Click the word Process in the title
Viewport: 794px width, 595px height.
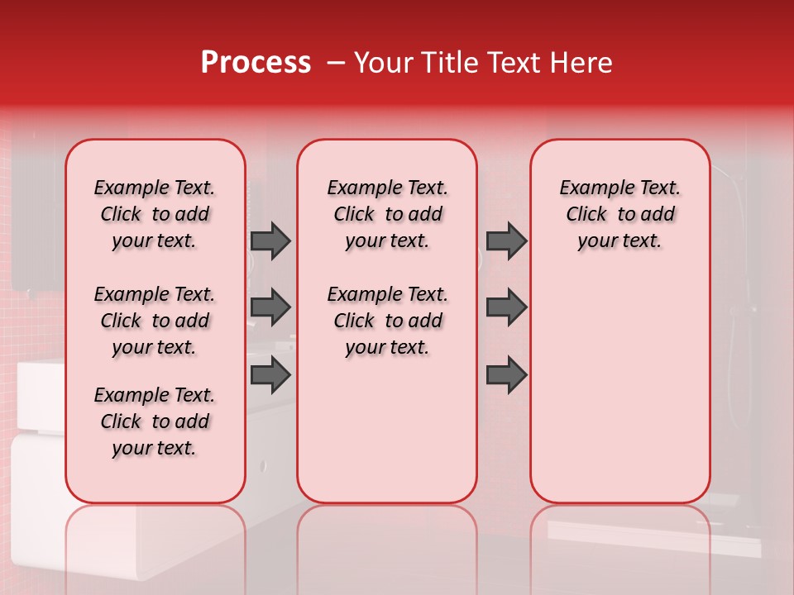(256, 63)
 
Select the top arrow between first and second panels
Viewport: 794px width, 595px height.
(270, 241)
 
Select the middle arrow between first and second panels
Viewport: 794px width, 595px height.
(270, 307)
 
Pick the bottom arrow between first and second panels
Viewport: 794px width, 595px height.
(270, 375)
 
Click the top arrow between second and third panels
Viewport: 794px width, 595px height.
(506, 241)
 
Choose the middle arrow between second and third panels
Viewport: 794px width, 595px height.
(506, 307)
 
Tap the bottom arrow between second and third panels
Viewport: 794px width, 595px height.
(506, 375)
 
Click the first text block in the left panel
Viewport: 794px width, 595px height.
(155, 214)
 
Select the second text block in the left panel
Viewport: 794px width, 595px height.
(155, 321)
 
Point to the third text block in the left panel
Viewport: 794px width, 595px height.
(155, 421)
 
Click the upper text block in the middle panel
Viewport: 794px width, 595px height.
(387, 214)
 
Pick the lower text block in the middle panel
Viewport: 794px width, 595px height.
(387, 321)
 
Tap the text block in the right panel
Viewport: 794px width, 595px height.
(619, 214)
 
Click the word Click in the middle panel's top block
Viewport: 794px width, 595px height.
(354, 215)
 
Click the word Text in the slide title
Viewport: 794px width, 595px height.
(511, 63)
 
